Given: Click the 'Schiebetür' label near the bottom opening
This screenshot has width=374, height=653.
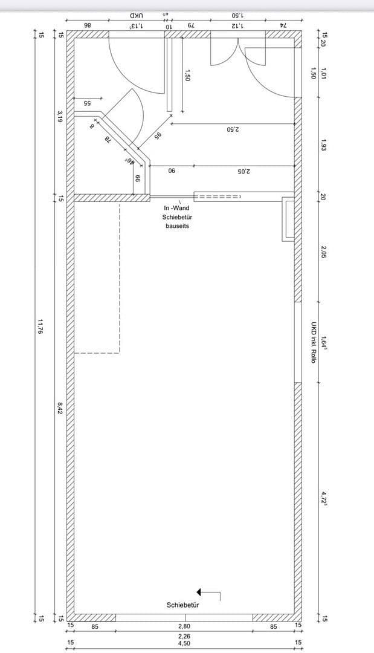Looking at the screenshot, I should (x=183, y=605).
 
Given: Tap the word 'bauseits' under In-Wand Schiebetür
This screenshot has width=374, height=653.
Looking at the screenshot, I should (x=177, y=226).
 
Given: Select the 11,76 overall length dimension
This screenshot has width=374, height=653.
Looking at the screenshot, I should (x=40, y=326).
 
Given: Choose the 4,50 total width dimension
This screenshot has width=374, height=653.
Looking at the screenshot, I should (x=184, y=643).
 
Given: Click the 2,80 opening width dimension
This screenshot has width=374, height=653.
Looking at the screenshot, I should (x=184, y=627).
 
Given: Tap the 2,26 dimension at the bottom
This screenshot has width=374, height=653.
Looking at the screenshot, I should (x=184, y=636).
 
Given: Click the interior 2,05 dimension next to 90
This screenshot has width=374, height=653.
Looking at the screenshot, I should (x=243, y=171).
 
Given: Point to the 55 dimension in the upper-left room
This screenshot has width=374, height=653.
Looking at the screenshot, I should (x=86, y=103).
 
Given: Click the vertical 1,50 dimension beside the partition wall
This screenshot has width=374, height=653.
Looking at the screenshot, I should (x=187, y=76).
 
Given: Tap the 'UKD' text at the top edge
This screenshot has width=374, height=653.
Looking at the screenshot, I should (x=137, y=15).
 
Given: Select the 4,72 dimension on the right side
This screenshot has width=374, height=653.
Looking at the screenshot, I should (x=324, y=499).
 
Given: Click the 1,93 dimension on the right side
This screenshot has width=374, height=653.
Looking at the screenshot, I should (x=324, y=146).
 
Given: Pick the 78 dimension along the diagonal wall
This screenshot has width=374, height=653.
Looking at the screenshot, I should (x=108, y=140).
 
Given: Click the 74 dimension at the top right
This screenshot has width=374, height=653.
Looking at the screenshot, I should (x=283, y=25).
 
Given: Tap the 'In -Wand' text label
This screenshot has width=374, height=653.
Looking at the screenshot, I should (x=176, y=208).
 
